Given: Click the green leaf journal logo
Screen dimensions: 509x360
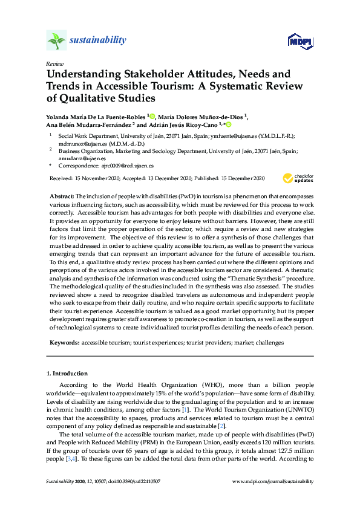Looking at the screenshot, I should tap(56, 41).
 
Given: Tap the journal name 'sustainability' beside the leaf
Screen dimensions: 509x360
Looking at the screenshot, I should tap(98, 41).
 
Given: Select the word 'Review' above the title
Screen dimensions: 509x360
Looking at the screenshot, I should tap(54, 63).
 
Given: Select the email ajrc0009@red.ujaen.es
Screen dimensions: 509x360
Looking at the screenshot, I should tap(131, 165).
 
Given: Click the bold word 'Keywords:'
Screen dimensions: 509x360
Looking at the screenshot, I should tap(64, 343).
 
